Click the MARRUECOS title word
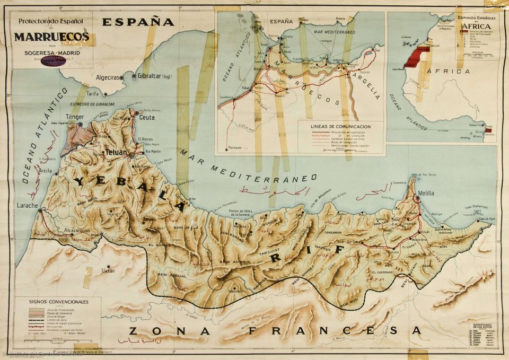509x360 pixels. coord(51,37)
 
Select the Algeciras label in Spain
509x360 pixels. coord(108,77)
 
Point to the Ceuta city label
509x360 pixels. coord(147,117)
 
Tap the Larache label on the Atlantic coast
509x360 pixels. coord(27,205)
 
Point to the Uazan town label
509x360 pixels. coord(108,270)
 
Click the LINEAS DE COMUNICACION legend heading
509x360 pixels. coord(341,127)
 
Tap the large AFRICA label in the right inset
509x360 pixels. coord(450,71)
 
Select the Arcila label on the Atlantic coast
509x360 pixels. coord(45,171)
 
